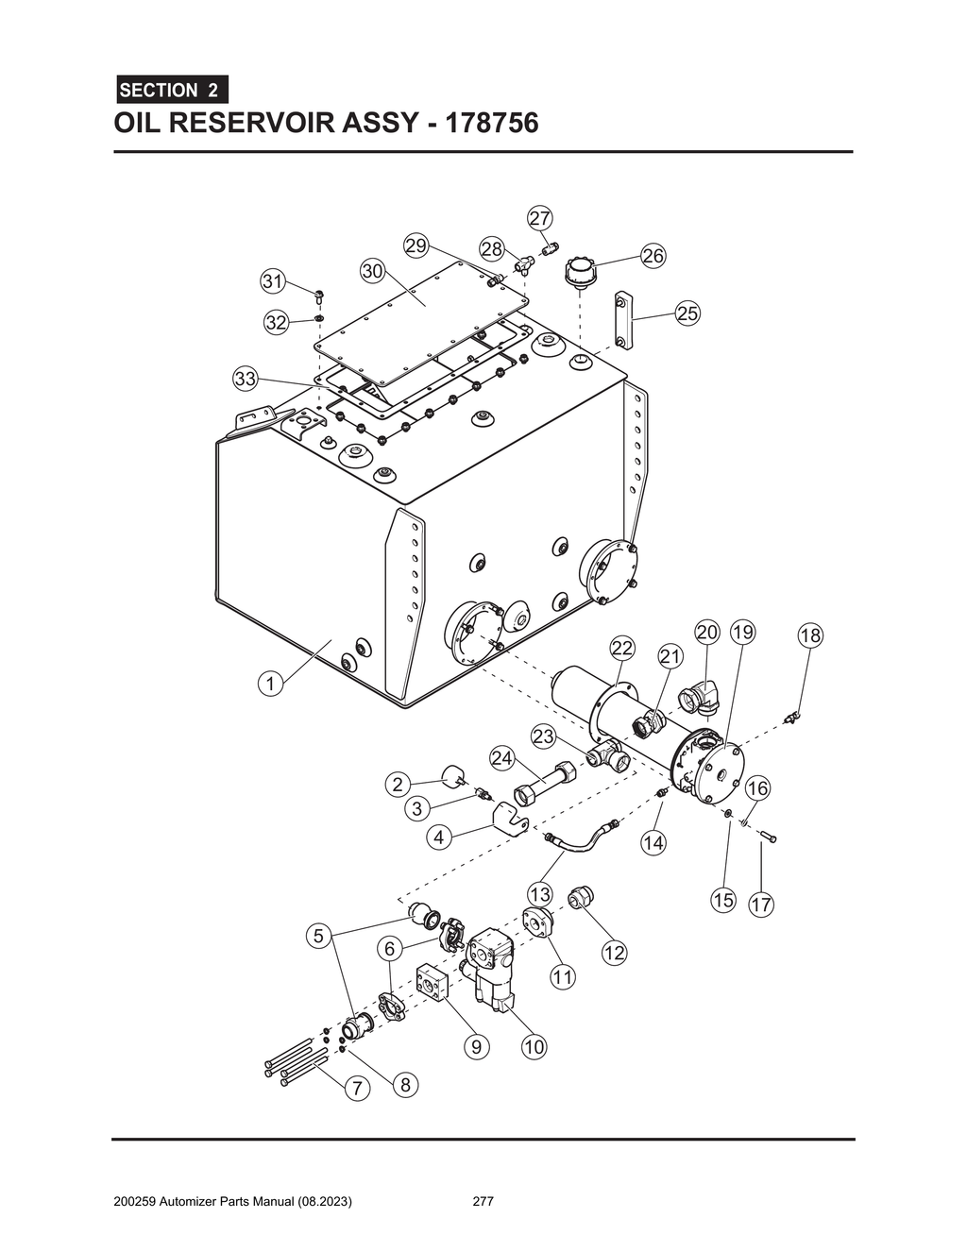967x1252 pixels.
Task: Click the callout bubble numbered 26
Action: coord(653,256)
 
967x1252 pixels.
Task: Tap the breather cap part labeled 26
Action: coord(577,271)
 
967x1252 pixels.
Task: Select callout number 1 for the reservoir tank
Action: coord(271,684)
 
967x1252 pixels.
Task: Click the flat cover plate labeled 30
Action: coord(420,311)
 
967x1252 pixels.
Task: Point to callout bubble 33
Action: coord(246,380)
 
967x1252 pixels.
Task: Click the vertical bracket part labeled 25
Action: coord(624,320)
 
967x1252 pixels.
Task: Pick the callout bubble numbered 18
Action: coord(810,635)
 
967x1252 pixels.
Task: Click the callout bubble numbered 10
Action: coord(534,1046)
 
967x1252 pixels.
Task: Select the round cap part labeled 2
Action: coord(454,777)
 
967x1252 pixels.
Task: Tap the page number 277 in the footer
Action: coord(483,1202)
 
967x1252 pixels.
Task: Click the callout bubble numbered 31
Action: coord(273,281)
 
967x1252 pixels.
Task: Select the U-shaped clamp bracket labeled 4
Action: coord(510,818)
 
